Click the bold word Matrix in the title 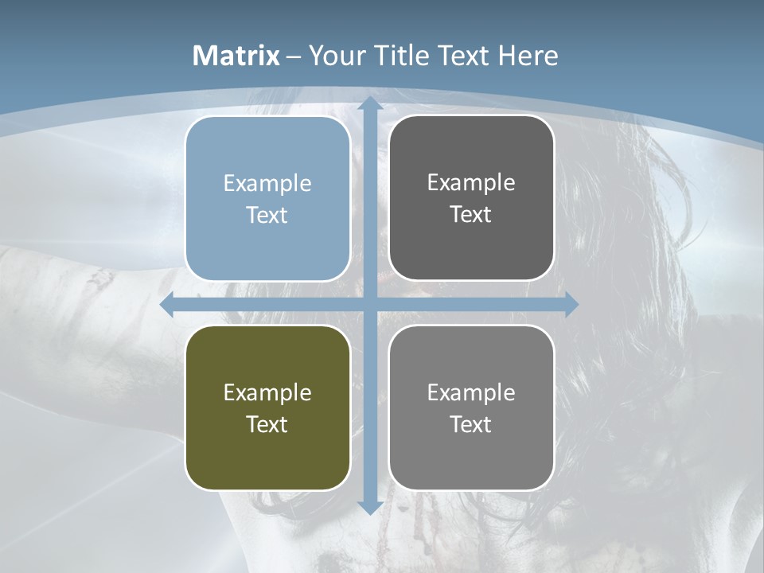(x=236, y=56)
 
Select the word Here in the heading (x=528, y=56)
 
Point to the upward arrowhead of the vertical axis (x=369, y=104)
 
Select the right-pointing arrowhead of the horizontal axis (x=571, y=305)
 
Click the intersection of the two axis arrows (x=369, y=305)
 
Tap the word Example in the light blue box (x=267, y=184)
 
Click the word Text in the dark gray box (x=471, y=215)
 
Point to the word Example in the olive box (x=267, y=393)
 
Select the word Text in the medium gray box (x=471, y=424)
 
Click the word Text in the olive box (x=267, y=424)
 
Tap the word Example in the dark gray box (x=471, y=183)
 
